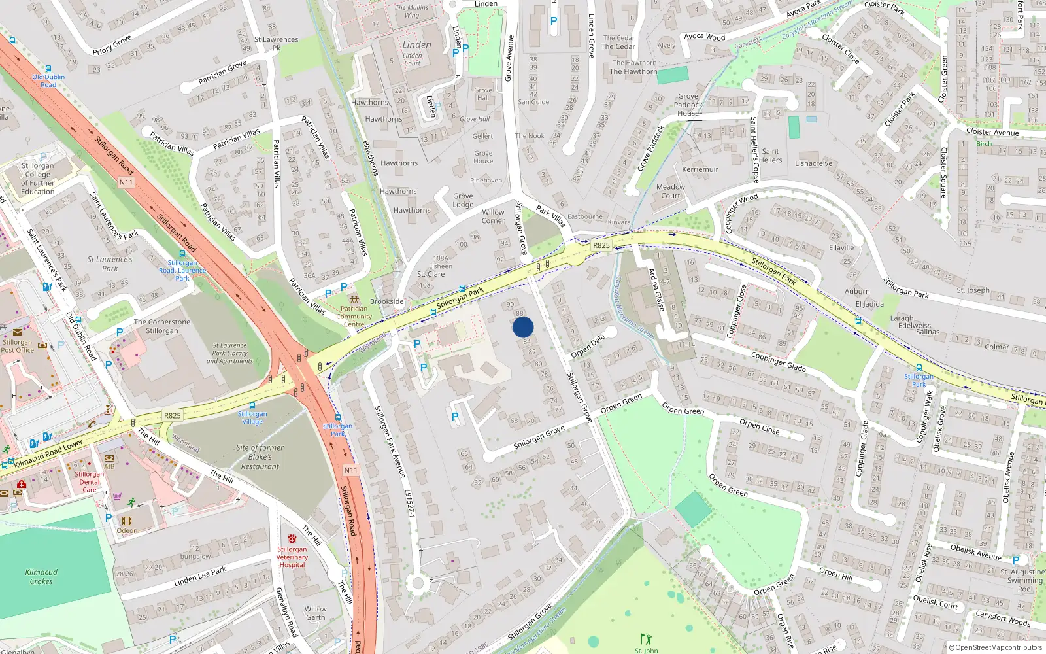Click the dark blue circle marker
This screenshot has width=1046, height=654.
[523, 327]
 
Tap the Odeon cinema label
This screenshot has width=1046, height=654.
[127, 530]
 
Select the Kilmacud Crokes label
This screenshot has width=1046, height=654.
[41, 576]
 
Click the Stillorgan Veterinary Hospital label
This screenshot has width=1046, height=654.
[292, 557]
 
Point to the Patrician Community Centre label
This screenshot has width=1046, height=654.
[354, 317]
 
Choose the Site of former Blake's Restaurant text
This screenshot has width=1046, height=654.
[260, 457]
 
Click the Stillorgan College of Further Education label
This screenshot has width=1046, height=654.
[37, 179]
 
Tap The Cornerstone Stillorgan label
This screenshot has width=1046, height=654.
[162, 326]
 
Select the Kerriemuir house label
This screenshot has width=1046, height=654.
[700, 169]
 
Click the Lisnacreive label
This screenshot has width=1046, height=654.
[814, 163]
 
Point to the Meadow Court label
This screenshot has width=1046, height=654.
[671, 191]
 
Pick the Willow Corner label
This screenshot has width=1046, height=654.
[493, 216]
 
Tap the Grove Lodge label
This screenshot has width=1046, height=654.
[463, 200]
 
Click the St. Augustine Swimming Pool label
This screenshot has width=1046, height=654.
[1024, 580]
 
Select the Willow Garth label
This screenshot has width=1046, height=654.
[315, 613]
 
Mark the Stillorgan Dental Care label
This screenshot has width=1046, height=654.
[90, 482]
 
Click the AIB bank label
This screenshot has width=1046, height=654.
[109, 466]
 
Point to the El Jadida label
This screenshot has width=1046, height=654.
[869, 304]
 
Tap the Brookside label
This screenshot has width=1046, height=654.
[386, 301]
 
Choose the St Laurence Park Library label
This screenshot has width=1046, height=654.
[229, 353]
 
